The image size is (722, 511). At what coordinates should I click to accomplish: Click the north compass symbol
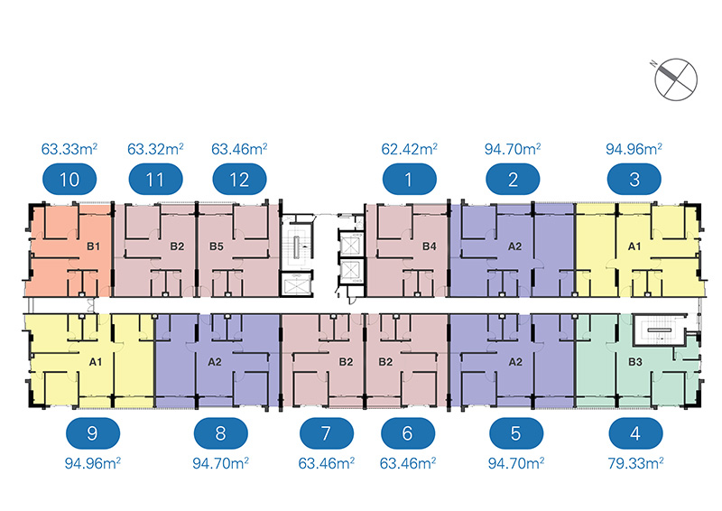tap(677, 76)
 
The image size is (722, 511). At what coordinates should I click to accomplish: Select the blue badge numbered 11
tap(155, 179)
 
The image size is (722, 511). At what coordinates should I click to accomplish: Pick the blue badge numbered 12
tap(239, 179)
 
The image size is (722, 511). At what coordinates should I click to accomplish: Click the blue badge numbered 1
tap(409, 179)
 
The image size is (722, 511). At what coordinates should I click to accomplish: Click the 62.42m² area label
tap(410, 147)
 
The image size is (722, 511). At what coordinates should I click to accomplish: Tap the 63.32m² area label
tap(155, 147)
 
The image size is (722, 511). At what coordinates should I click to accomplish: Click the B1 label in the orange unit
tap(93, 246)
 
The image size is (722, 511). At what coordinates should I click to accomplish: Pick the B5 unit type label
tap(217, 246)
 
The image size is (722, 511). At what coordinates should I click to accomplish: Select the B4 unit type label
tap(430, 246)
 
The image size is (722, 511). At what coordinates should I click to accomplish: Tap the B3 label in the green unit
tap(634, 362)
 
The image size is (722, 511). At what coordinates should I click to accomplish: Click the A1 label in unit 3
tap(634, 246)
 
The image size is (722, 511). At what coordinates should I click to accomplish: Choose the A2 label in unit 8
tap(215, 362)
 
